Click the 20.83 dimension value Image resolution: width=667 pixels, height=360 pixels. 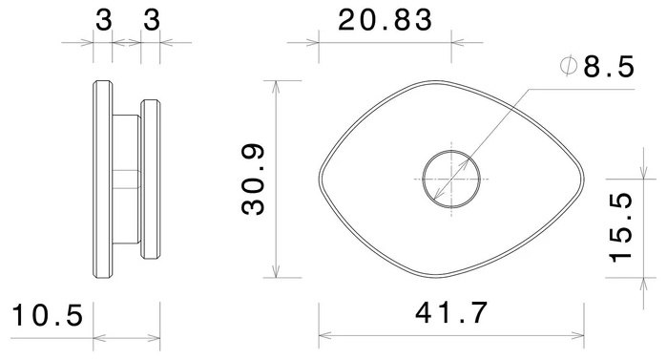click(x=385, y=20)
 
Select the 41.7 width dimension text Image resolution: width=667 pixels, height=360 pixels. click(x=451, y=313)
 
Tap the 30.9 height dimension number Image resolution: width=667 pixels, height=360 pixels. click(x=253, y=179)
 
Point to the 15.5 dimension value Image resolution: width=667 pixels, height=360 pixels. click(x=620, y=227)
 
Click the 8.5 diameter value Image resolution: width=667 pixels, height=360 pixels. click(x=609, y=67)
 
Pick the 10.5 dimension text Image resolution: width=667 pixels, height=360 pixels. click(x=47, y=315)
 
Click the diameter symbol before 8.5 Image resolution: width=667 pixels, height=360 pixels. click(x=569, y=67)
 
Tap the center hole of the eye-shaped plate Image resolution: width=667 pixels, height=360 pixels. click(x=451, y=180)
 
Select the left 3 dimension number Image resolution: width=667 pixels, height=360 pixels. click(x=103, y=20)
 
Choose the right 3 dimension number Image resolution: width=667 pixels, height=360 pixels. click(x=152, y=20)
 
